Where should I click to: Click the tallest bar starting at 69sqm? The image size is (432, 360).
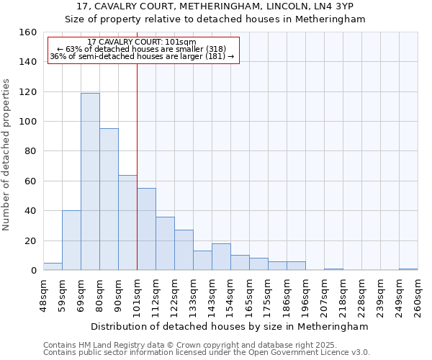pos(90,181)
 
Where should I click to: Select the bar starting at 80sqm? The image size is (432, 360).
pos(109,199)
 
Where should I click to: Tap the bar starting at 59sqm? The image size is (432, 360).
pos(71,240)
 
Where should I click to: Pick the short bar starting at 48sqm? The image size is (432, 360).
pos(53,266)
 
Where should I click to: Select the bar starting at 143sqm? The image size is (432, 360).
pos(221,257)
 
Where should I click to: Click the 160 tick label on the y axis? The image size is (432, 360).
pos(27,32)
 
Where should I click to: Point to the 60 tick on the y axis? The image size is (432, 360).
pos(30,181)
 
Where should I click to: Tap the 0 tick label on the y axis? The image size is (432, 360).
pos(32,271)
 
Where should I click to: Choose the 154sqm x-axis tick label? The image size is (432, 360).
pos(230,297)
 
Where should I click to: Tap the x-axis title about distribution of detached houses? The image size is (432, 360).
pos(230,326)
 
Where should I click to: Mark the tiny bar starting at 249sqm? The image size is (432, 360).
pos(408,269)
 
